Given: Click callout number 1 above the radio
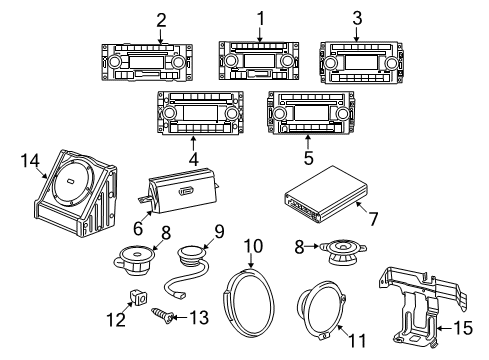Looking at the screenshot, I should tap(260, 17).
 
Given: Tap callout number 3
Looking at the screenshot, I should tap(356, 19).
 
